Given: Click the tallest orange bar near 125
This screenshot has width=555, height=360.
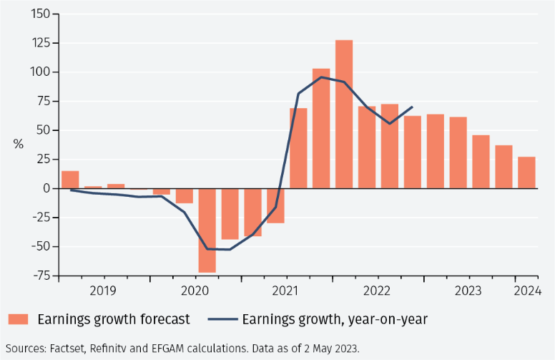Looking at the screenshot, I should pos(344,115).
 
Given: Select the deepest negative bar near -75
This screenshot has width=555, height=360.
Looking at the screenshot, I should pos(207,230).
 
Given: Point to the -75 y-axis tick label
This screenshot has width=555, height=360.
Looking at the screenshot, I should pos(39,276).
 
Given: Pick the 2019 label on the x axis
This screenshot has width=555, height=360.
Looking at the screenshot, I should pos(104,291).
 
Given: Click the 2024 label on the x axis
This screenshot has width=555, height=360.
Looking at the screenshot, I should pos(527,291).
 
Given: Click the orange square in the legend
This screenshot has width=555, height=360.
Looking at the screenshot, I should pos(19,319).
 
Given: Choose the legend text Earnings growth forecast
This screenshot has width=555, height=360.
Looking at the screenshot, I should pos(114,319).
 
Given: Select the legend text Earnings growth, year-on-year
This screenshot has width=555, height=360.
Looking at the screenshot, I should pos(335,319).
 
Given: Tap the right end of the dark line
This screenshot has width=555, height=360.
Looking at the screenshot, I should pos(413,107).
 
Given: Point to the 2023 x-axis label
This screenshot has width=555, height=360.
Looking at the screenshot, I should pos(468,291).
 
